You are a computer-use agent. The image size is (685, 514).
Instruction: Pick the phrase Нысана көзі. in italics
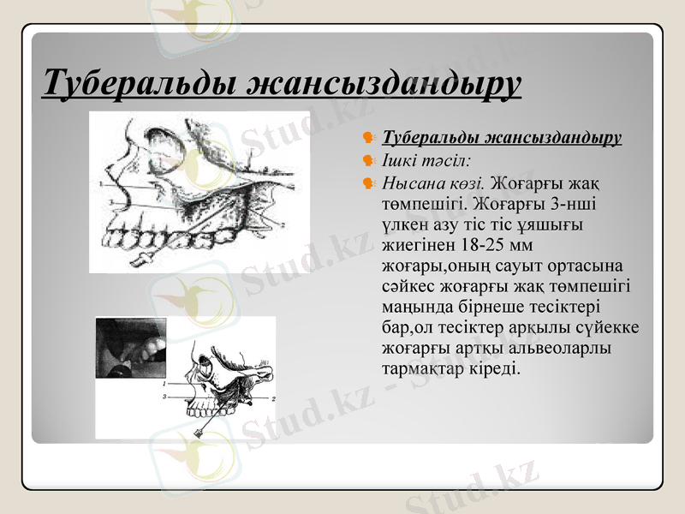click(434, 182)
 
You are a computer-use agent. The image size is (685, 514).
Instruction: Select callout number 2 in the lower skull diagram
click(272, 399)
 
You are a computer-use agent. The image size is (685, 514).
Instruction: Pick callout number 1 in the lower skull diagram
click(164, 385)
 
